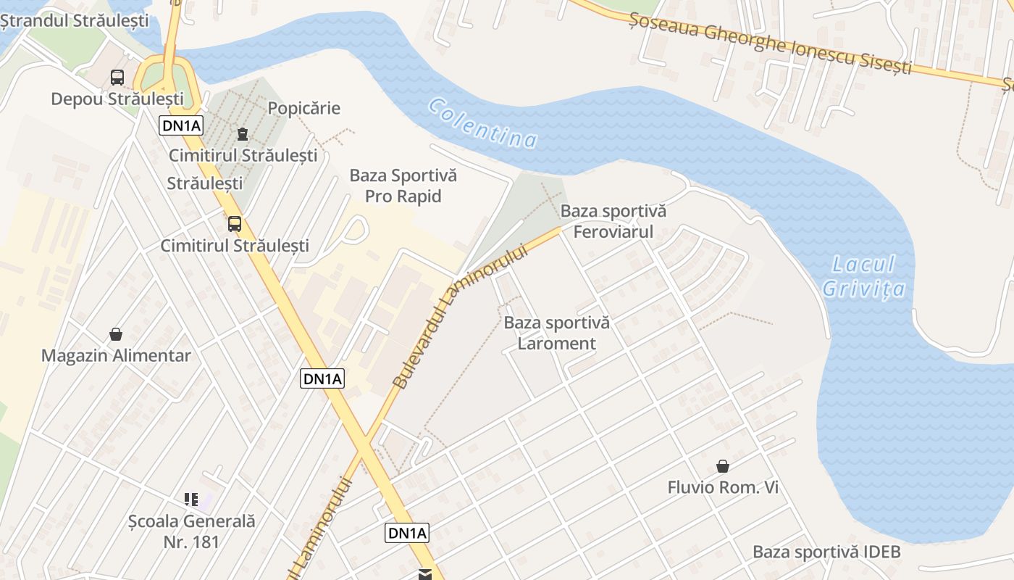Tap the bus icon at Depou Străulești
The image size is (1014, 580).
pyautogui.click(x=117, y=78)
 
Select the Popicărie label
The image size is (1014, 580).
pyautogui.click(x=304, y=109)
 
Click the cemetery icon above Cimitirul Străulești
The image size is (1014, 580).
pyautogui.click(x=242, y=134)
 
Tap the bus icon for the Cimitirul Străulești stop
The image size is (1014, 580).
pyautogui.click(x=235, y=224)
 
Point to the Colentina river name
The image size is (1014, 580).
pyautogui.click(x=483, y=123)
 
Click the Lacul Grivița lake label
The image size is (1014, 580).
pyautogui.click(x=864, y=276)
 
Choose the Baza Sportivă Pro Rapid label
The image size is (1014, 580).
pyautogui.click(x=403, y=186)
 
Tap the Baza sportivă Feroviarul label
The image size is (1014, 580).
pyautogui.click(x=613, y=221)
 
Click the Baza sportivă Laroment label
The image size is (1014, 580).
pyautogui.click(x=557, y=333)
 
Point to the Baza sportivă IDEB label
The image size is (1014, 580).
pyautogui.click(x=826, y=552)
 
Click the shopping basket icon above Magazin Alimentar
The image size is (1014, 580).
pyautogui.click(x=116, y=334)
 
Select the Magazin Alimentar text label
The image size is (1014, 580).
pyautogui.click(x=116, y=355)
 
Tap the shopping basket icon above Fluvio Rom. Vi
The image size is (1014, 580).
pyautogui.click(x=722, y=465)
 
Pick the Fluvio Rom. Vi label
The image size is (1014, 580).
pyautogui.click(x=723, y=487)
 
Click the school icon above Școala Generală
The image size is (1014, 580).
pyautogui.click(x=191, y=499)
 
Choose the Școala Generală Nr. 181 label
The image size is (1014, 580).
pyautogui.click(x=191, y=531)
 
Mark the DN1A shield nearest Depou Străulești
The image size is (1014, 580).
pyautogui.click(x=181, y=126)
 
